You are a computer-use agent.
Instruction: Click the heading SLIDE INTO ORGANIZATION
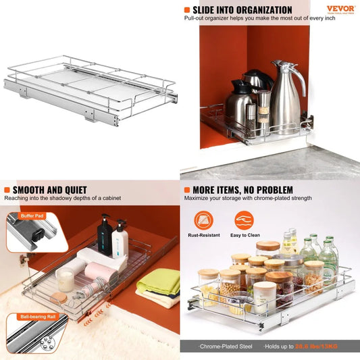[242, 10]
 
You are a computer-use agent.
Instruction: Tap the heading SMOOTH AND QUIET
[48, 190]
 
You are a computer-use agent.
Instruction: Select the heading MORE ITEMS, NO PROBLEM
[242, 190]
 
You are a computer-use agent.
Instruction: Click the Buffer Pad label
[31, 216]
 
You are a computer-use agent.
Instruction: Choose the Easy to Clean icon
[244, 220]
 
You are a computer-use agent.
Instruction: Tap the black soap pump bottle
[105, 236]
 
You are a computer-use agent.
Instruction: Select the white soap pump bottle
[121, 240]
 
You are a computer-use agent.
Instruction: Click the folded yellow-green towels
[157, 284]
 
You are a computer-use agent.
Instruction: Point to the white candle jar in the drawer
[66, 278]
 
